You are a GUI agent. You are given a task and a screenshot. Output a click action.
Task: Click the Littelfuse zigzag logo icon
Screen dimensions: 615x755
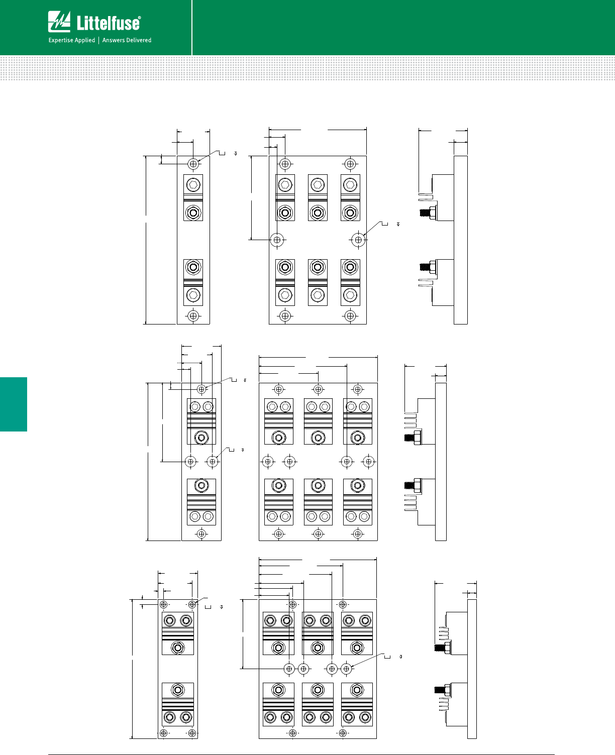tap(59, 22)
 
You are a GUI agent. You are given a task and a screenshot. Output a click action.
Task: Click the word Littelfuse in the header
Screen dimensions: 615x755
tap(109, 23)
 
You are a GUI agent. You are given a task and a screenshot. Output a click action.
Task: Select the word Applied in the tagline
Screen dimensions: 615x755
tap(85, 40)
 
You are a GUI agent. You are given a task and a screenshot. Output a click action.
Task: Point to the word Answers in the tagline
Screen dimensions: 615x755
tap(113, 40)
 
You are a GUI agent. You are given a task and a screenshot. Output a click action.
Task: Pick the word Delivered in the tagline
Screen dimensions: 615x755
tap(138, 40)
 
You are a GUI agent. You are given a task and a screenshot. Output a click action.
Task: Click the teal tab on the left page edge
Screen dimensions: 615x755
tap(14, 404)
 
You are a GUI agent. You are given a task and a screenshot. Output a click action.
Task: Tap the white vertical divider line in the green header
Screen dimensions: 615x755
tap(192, 28)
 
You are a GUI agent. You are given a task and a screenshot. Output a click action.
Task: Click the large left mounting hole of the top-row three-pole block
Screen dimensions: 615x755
tap(277, 240)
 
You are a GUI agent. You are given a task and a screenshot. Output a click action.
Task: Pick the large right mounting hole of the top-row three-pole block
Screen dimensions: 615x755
tap(358, 240)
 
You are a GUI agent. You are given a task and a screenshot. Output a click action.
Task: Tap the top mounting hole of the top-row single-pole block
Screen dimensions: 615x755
tap(193, 164)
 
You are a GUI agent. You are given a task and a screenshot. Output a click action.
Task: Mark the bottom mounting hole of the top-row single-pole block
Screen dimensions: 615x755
tap(193, 316)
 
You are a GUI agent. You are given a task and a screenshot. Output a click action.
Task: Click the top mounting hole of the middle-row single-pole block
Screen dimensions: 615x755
tap(201, 389)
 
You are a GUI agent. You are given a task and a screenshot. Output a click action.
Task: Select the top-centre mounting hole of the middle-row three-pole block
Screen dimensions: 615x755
tap(318, 389)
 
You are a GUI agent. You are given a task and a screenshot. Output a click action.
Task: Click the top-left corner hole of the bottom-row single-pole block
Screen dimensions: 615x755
tap(163, 605)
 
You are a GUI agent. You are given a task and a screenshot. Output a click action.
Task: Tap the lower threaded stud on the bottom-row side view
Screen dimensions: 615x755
tap(442, 690)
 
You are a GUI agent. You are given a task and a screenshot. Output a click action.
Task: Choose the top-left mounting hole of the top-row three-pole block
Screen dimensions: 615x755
tap(285, 164)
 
